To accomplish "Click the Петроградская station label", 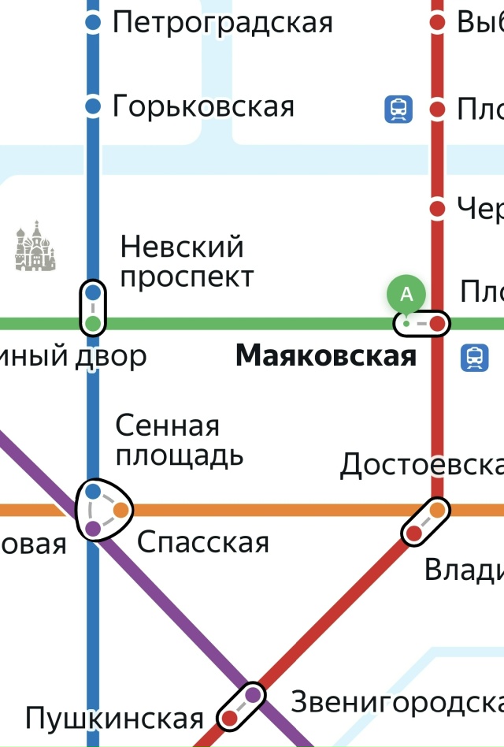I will click(222, 22).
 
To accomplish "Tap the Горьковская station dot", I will click(93, 106).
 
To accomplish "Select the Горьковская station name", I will click(203, 106).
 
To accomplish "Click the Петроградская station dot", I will click(93, 22).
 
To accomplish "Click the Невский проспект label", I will click(187, 262).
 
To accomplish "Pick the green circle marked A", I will click(406, 295).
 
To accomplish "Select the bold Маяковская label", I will click(325, 357).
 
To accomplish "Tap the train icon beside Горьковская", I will click(398, 109).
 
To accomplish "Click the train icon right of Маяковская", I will click(475, 357).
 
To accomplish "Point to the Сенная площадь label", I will click(179, 440).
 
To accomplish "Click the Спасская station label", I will click(203, 542).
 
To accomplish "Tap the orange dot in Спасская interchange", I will click(120, 510).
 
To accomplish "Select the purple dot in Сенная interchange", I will click(93, 528).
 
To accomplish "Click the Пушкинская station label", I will click(114, 719).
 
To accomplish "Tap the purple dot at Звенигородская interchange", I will click(253, 694).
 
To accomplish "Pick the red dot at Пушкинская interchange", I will click(229, 718).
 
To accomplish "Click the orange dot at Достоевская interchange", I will click(437, 511).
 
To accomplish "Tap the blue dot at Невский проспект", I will click(93, 293).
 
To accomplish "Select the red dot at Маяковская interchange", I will click(438, 323).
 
